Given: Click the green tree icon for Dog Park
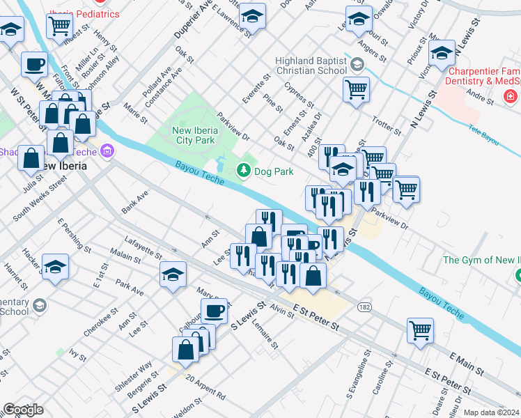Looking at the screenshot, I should click(x=243, y=169).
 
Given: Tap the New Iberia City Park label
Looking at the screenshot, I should click(x=203, y=130).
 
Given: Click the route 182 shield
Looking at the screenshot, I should click(x=364, y=307).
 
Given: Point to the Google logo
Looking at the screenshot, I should click(x=23, y=410).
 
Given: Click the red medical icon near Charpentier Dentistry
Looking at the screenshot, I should click(x=511, y=95).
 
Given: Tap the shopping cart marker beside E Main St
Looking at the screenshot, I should click(x=420, y=330).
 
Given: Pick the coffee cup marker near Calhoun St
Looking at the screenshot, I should click(x=214, y=310).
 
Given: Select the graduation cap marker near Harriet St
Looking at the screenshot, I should click(x=55, y=267).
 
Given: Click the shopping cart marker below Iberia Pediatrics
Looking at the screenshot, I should click(x=59, y=26).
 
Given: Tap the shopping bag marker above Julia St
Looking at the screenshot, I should click(x=31, y=158).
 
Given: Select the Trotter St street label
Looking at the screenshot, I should click(x=387, y=126).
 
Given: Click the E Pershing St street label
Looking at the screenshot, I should click(x=75, y=235).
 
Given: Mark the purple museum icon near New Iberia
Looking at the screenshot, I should click(x=107, y=150).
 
